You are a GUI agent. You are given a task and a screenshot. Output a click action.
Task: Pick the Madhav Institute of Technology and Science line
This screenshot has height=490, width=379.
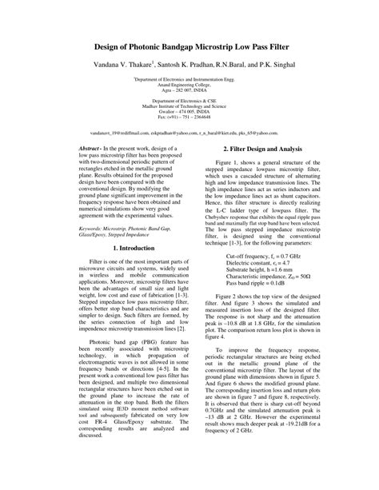(x=189, y=106)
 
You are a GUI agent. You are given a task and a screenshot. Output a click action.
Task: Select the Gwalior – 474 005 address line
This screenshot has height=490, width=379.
(x=189, y=111)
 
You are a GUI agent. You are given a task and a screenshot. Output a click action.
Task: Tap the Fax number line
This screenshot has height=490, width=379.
(x=189, y=116)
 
